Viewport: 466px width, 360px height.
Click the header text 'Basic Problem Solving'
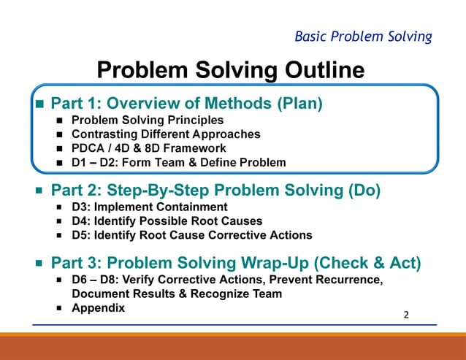362,36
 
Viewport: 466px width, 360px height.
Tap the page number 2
407,315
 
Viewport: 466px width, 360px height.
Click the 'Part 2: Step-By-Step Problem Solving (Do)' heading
215,191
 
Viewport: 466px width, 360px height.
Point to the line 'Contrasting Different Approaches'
166,134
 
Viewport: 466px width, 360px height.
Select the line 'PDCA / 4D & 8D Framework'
148,148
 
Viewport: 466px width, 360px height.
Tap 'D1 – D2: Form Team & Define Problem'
178,162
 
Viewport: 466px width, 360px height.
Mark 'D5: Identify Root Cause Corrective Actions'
191,235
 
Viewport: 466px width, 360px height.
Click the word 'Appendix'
98,308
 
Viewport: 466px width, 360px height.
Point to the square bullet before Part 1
40,104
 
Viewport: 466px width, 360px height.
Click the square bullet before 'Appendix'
58,308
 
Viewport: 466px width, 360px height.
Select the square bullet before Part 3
40,264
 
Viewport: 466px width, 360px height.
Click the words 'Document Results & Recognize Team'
175,294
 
